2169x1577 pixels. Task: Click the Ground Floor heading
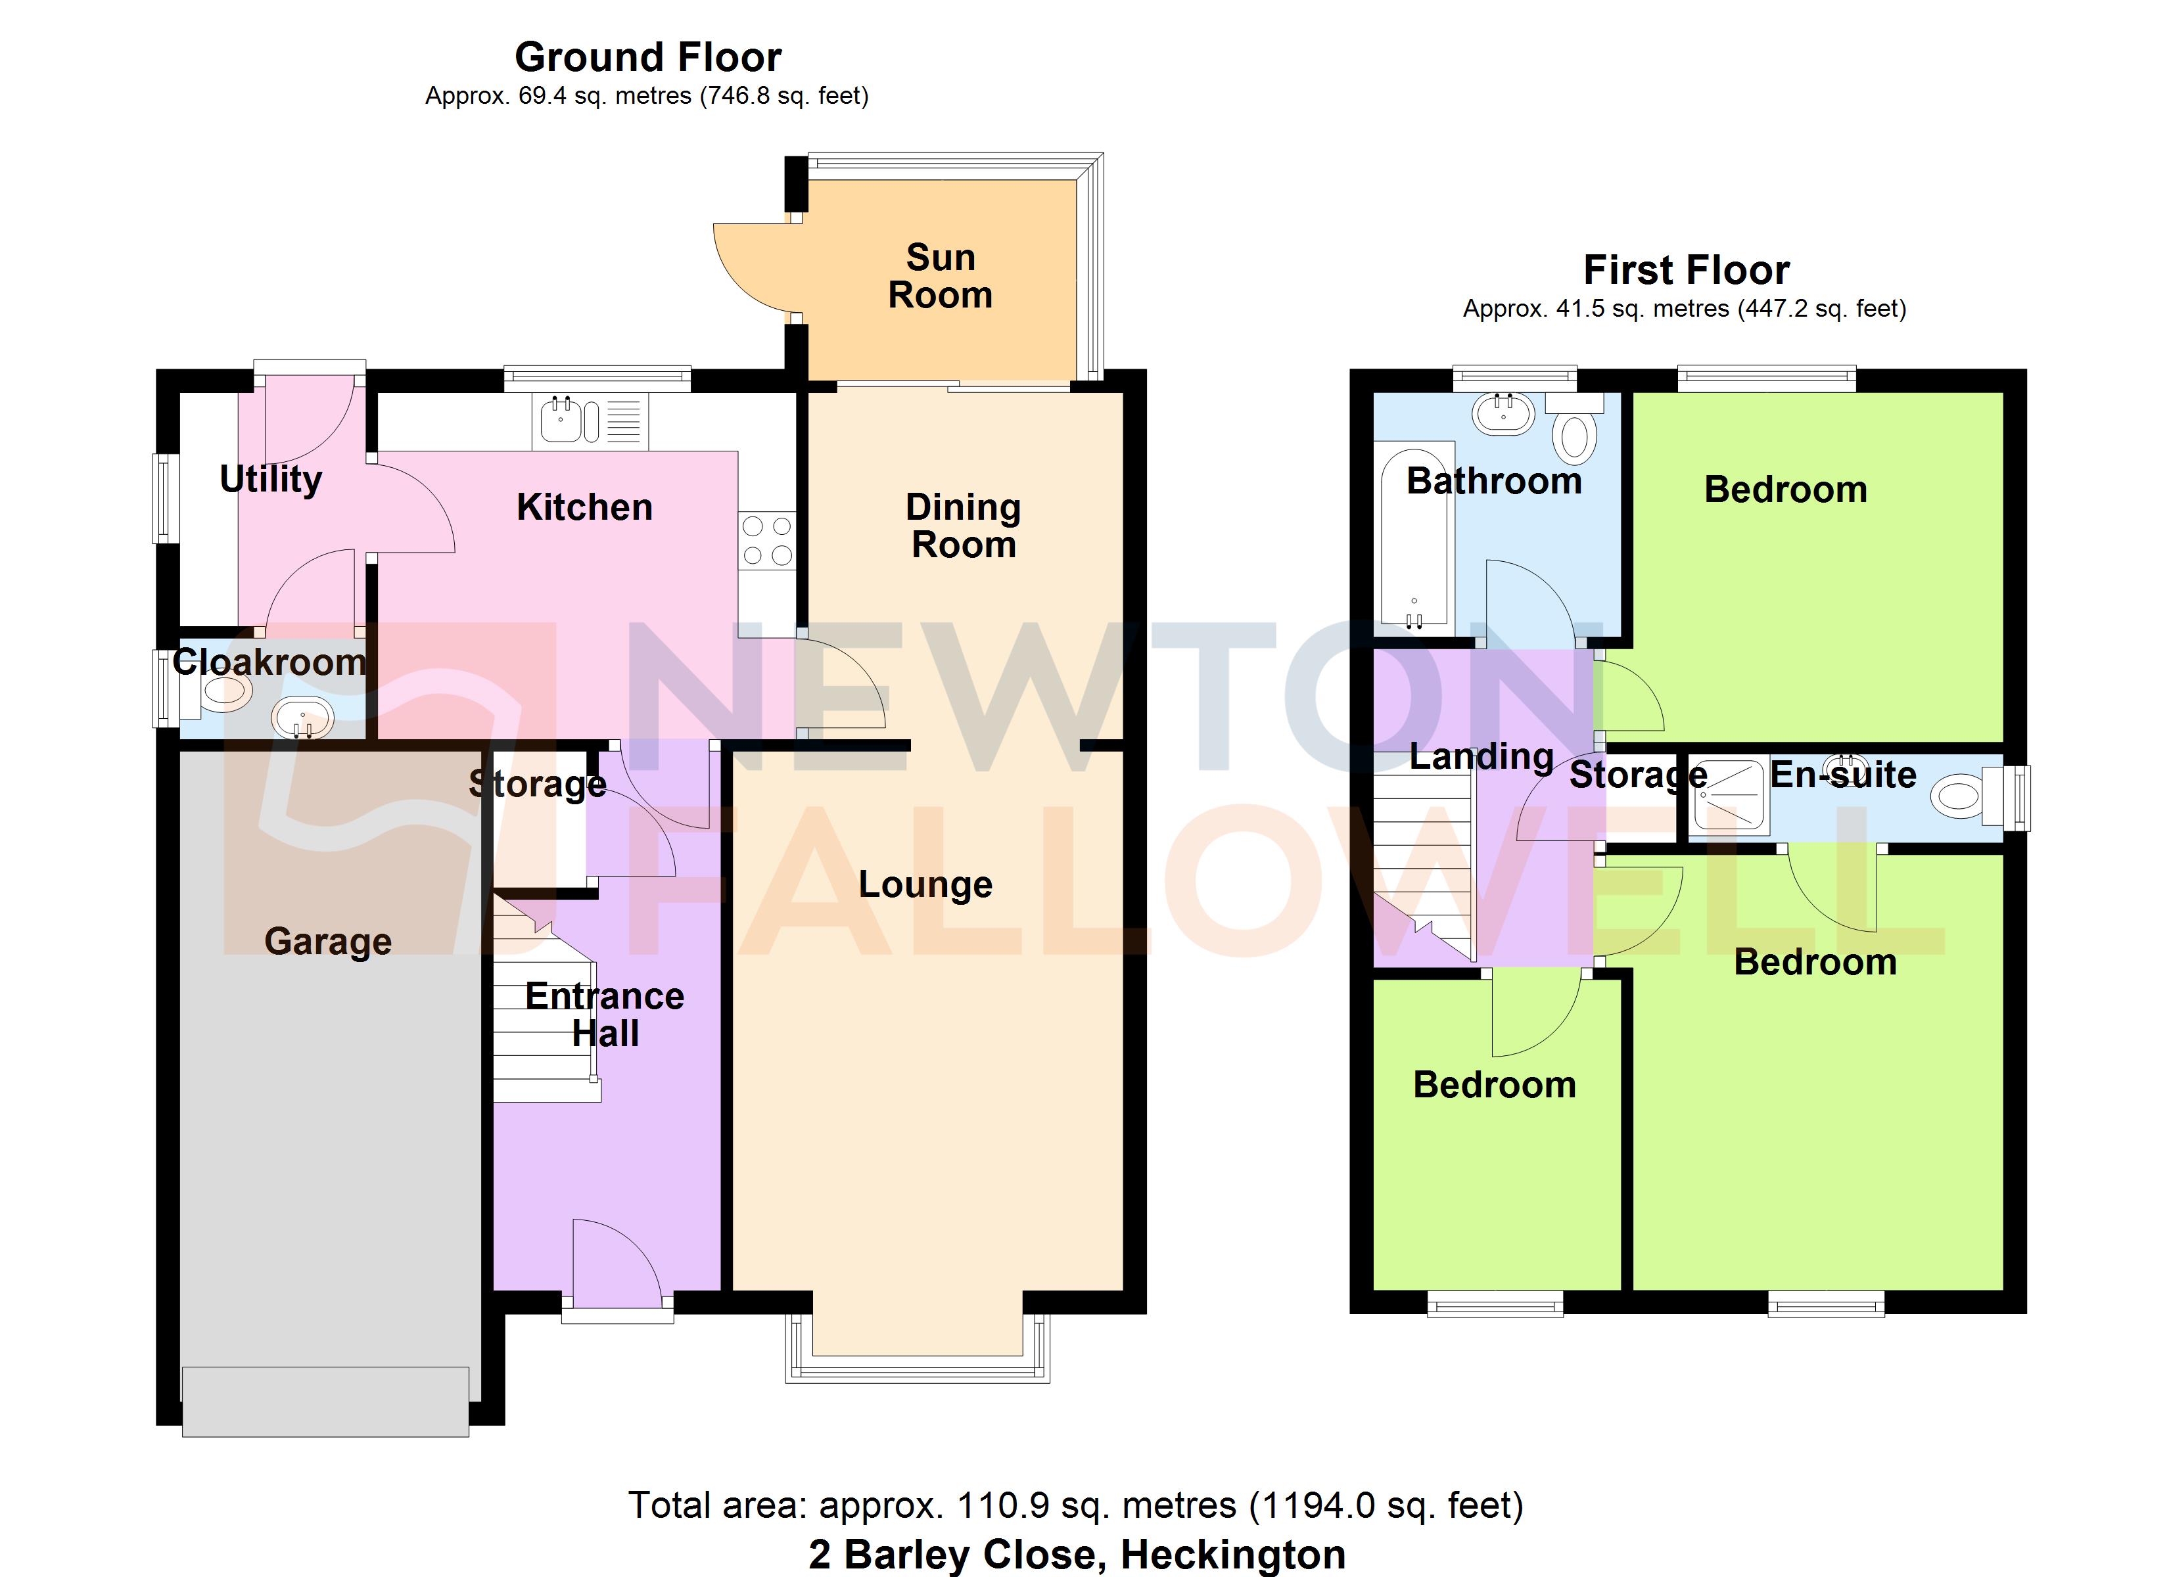[x=647, y=57]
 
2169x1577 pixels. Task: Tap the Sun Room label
[x=940, y=277]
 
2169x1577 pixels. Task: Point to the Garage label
[x=328, y=941]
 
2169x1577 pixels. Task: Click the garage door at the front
[x=325, y=1401]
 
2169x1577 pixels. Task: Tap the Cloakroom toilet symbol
[x=222, y=693]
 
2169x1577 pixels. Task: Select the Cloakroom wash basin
[x=302, y=718]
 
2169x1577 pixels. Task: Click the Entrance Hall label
[x=605, y=1015]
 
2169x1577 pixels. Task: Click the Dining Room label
[x=963, y=526]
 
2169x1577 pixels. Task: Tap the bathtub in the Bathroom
[x=1414, y=536]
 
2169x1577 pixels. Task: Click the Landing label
[x=1480, y=756]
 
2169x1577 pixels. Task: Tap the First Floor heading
[x=1686, y=271]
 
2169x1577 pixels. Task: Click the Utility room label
[x=271, y=479]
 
